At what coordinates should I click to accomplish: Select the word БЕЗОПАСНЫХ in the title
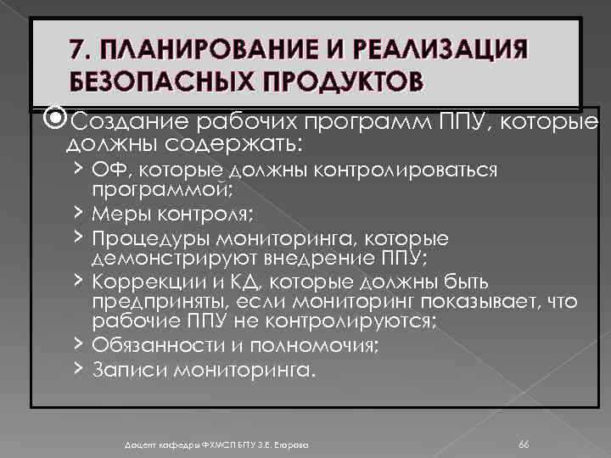pos(151,83)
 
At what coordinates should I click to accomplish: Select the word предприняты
pos(149,302)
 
